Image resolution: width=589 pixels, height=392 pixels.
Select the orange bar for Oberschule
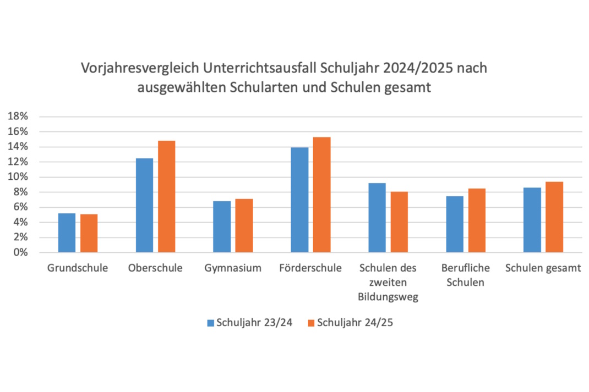pos(166,197)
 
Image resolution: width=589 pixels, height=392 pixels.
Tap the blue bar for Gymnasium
pos(222,227)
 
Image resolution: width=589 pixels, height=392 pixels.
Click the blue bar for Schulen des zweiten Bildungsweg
pos(377,218)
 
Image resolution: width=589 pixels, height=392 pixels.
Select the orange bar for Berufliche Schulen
pos(477,220)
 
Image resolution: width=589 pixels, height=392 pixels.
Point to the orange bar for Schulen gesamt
pos(554,217)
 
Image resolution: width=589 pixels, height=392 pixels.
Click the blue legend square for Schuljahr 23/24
pos(211,323)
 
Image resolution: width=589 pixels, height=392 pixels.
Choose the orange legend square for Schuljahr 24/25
pos(311,323)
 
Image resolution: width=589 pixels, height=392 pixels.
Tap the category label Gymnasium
pos(232,268)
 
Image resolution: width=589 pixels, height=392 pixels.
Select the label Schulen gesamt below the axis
pos(543,268)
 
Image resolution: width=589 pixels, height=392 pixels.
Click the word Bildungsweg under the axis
pos(388,297)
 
